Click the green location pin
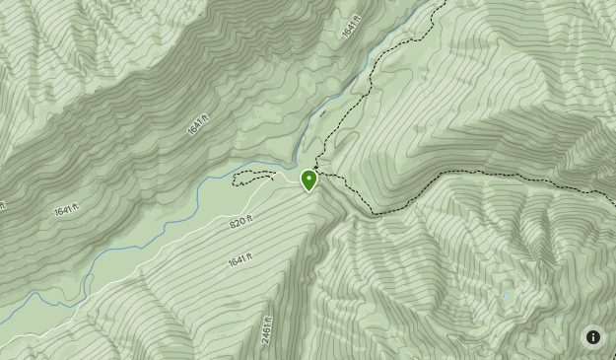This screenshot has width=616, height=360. click(x=309, y=180)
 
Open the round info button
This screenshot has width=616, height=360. click(x=592, y=336)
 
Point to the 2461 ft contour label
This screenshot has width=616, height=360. click(x=267, y=329)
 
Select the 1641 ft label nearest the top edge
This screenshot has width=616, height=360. click(x=352, y=27)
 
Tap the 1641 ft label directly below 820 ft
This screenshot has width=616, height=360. click(x=240, y=260)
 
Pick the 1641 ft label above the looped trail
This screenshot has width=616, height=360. click(x=198, y=124)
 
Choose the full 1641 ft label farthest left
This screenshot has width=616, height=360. click(x=66, y=210)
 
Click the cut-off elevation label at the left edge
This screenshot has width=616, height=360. click(x=3, y=206)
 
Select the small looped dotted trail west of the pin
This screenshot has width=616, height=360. click(x=252, y=177)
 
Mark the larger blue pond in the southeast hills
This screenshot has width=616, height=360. click(x=506, y=295)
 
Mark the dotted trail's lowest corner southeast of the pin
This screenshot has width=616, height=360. click(x=374, y=213)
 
